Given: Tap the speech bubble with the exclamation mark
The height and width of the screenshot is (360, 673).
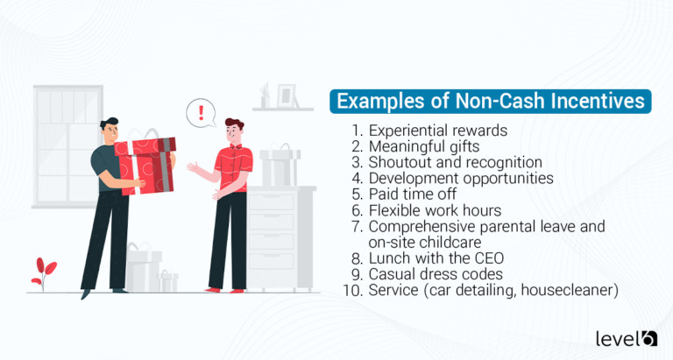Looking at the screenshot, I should pyautogui.click(x=202, y=113).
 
